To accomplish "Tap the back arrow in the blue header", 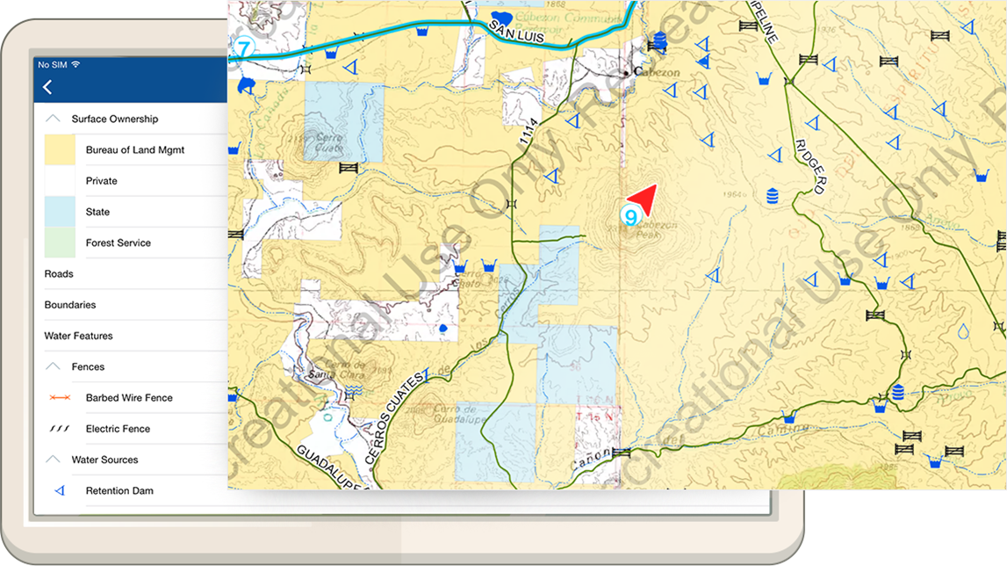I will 47,87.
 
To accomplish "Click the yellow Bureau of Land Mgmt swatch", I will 60,150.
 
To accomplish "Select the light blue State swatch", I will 60,212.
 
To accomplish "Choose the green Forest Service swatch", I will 60,243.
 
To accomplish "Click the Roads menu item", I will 59,274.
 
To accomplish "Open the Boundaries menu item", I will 70,305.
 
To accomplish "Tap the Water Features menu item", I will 78,336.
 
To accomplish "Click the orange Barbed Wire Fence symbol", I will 60,398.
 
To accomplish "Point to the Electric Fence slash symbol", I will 60,429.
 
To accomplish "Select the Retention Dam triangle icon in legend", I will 60,491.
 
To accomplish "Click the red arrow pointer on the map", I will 644,199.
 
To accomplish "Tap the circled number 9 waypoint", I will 629,215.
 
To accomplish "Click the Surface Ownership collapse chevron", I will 54,119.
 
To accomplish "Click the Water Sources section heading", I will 104,460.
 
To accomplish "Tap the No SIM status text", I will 52,64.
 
